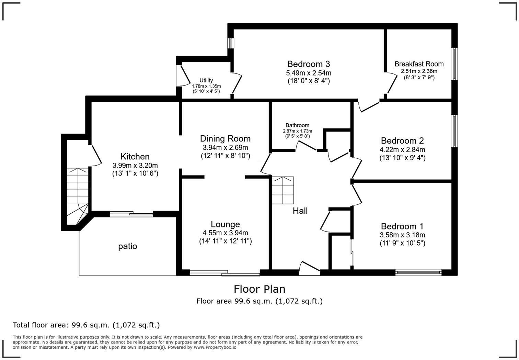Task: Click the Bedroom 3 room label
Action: (x=308, y=64)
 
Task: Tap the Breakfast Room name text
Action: (x=419, y=64)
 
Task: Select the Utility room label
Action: (x=206, y=80)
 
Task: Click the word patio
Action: (x=128, y=246)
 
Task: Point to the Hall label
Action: (x=300, y=211)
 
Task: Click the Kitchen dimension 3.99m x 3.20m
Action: (x=135, y=165)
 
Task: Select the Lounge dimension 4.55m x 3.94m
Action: (x=225, y=233)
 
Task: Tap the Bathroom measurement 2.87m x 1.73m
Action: (x=297, y=131)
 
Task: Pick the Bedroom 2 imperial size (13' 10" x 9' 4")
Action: (x=402, y=158)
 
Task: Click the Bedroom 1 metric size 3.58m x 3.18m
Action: (x=402, y=235)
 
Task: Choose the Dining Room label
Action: (x=225, y=138)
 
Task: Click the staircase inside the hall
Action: (x=283, y=190)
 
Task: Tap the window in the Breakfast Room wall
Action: (x=454, y=64)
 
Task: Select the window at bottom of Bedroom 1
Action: (x=418, y=272)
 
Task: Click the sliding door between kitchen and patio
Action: (x=131, y=214)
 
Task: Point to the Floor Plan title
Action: (x=259, y=289)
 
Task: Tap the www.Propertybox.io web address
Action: (x=215, y=347)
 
